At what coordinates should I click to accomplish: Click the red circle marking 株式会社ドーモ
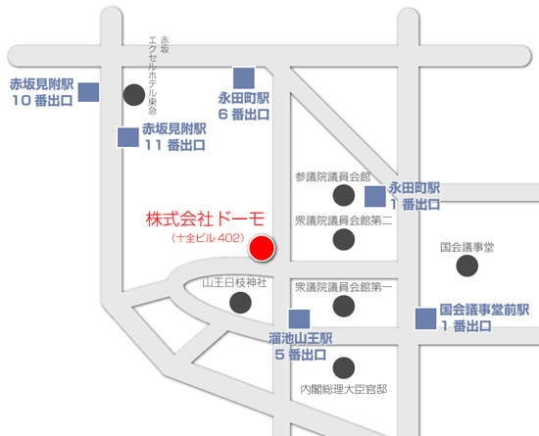[261, 249]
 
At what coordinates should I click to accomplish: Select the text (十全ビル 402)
[207, 238]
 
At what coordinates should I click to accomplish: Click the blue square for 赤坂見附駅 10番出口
[89, 92]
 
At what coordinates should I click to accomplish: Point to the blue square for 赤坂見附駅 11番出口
[127, 137]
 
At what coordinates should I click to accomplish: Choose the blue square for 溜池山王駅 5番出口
[299, 319]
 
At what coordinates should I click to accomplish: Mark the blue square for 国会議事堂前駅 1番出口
[425, 319]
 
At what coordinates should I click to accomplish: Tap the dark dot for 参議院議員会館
[344, 197]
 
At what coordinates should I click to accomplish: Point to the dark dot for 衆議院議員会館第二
[344, 239]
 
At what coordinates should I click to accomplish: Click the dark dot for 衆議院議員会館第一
[344, 307]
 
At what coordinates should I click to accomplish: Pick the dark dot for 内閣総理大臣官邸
[344, 368]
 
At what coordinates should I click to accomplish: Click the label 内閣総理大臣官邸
[343, 389]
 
